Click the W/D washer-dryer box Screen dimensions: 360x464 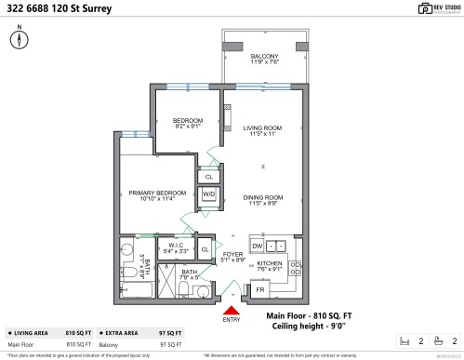pyautogui.click(x=208, y=193)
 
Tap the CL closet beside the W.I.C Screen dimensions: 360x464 pyautogui.click(x=205, y=249)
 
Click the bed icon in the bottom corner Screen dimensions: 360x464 pyautogui.click(x=402, y=340)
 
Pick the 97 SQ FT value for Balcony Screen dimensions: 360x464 pyautogui.click(x=170, y=344)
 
